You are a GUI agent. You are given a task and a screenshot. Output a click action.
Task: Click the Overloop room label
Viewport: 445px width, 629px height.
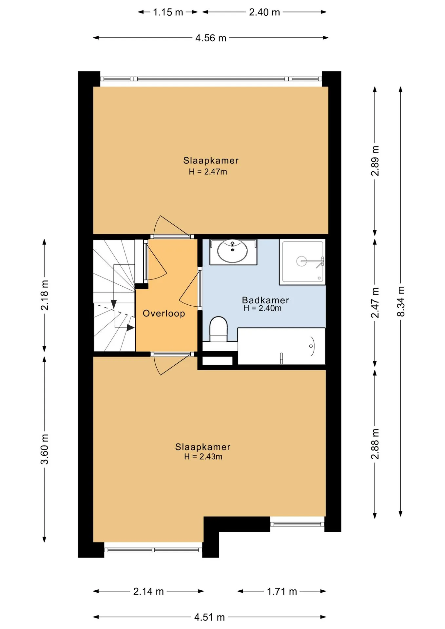tap(164, 314)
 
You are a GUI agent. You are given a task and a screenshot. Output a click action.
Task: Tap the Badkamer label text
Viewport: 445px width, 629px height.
tap(265, 300)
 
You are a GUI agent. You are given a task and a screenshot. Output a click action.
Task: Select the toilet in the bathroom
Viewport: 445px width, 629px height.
tap(218, 329)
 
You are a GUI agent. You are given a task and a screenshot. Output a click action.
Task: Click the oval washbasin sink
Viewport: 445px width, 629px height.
tap(233, 251)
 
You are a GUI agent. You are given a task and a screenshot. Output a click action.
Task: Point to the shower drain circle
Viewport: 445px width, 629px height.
tap(301, 261)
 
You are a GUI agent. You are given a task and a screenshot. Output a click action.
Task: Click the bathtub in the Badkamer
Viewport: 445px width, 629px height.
tap(281, 346)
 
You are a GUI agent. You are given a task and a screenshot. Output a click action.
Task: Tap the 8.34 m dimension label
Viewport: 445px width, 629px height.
tap(400, 301)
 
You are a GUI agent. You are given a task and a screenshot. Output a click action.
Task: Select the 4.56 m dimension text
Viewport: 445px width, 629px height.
tap(211, 38)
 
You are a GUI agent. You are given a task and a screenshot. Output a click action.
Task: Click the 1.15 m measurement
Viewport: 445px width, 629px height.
tap(168, 12)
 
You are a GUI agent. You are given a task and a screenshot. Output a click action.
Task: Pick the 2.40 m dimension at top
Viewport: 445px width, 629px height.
tap(264, 12)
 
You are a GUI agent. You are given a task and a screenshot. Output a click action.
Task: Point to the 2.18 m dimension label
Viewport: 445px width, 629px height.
tap(45, 295)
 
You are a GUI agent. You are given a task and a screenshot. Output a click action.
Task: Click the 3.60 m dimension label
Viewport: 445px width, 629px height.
tap(45, 449)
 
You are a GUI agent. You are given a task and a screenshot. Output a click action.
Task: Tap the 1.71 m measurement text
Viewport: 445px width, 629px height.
tap(282, 591)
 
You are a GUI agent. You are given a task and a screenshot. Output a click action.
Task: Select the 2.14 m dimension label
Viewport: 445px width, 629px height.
tap(148, 591)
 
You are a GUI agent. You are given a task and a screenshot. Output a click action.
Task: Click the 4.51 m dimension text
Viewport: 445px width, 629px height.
tap(209, 617)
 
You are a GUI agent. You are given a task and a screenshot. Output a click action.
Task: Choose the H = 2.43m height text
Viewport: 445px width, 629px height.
tap(203, 457)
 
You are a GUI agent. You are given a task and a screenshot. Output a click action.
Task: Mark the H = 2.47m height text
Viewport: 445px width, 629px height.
tap(208, 172)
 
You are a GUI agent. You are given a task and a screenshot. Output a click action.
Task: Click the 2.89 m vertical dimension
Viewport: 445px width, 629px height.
tap(375, 161)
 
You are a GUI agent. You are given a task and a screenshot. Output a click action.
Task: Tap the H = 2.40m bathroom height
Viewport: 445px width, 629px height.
tap(262, 308)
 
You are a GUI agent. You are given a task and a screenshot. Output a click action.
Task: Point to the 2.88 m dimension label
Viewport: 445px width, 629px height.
tap(375, 444)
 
